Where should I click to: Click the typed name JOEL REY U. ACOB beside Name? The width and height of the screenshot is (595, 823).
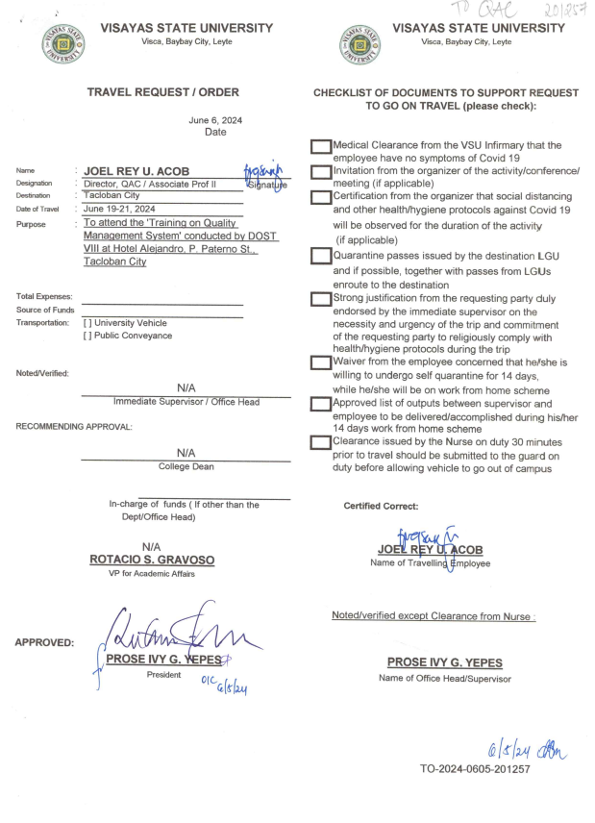(x=142, y=172)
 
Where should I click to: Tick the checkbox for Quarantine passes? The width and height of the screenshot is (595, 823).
(x=320, y=257)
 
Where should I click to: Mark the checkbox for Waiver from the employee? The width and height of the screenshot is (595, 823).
(x=320, y=362)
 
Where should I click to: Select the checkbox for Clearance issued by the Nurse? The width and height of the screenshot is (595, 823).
(x=320, y=442)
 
